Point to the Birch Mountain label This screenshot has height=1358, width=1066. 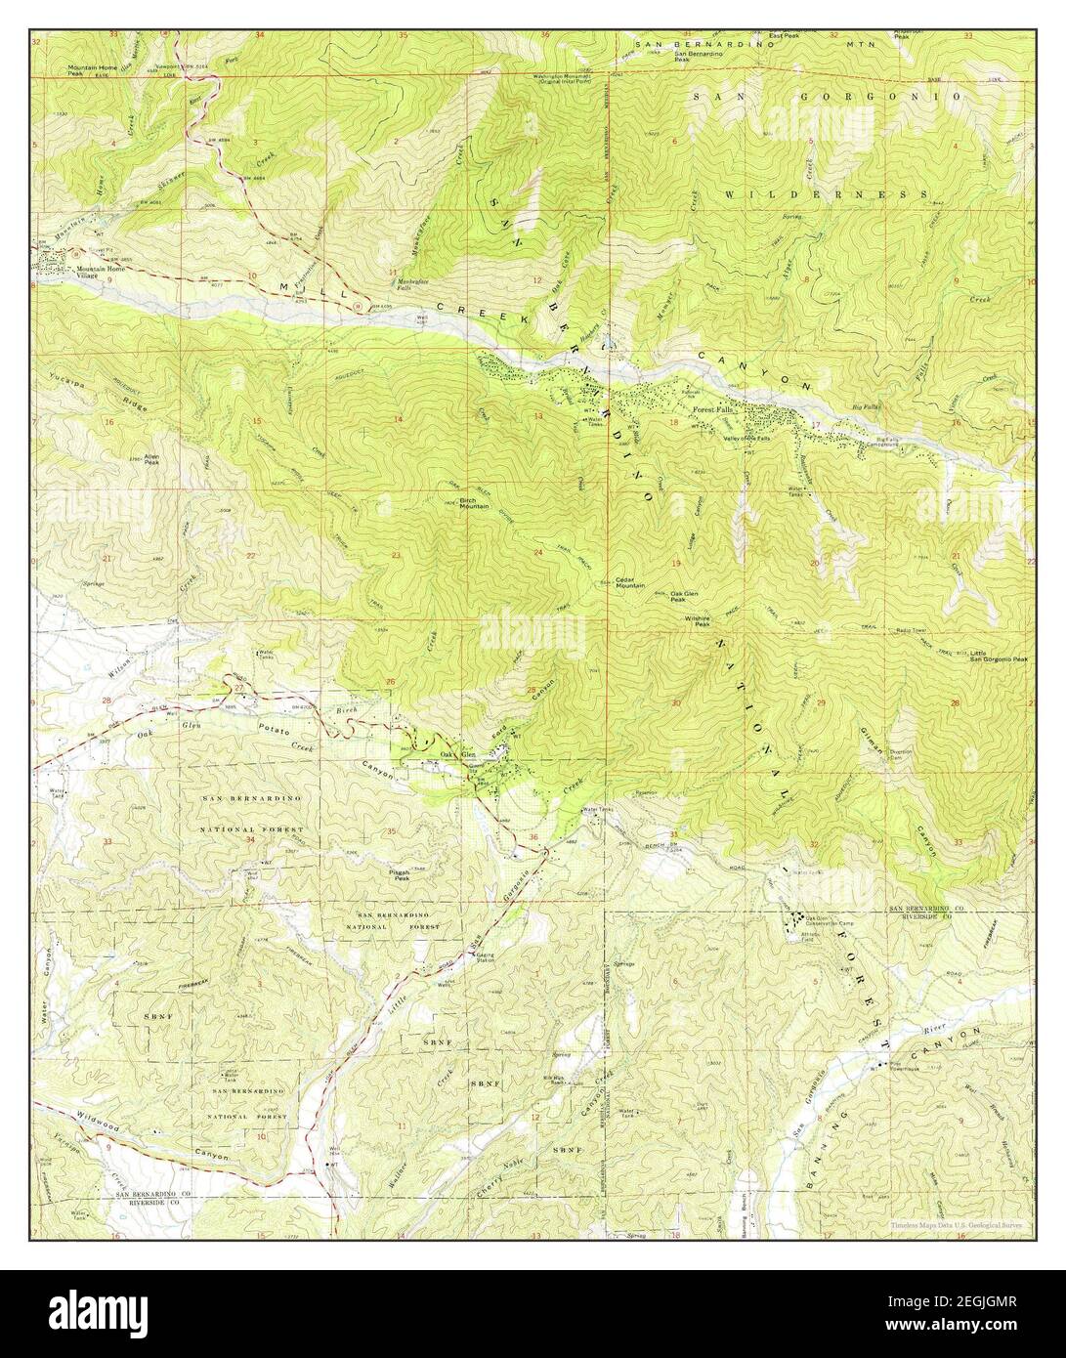pyautogui.click(x=475, y=502)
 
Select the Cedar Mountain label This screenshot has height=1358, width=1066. pyautogui.click(x=630, y=581)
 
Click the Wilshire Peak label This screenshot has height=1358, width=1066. pyautogui.click(x=697, y=621)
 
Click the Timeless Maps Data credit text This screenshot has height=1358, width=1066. pyautogui.click(x=955, y=1223)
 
